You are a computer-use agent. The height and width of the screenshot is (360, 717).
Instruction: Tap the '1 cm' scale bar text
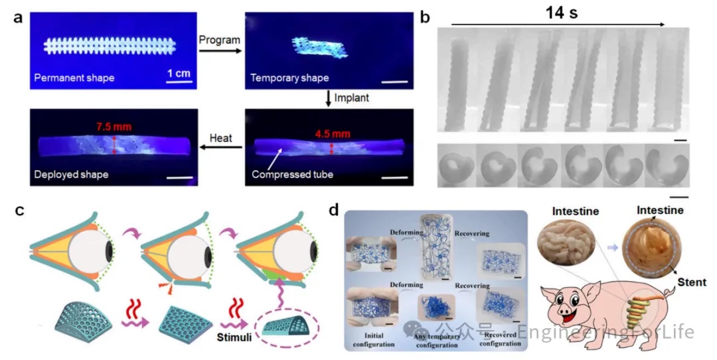point(179,72)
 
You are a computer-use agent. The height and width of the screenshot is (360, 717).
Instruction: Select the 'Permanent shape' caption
point(74,78)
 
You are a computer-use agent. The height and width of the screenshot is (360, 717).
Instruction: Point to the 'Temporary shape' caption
point(289,78)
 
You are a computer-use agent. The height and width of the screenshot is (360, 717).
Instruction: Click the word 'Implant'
point(351,98)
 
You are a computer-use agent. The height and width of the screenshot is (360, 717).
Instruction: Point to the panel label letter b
point(426,18)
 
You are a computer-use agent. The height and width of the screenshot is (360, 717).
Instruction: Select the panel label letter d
point(334,211)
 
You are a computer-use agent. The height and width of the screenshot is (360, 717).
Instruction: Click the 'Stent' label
point(690,282)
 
